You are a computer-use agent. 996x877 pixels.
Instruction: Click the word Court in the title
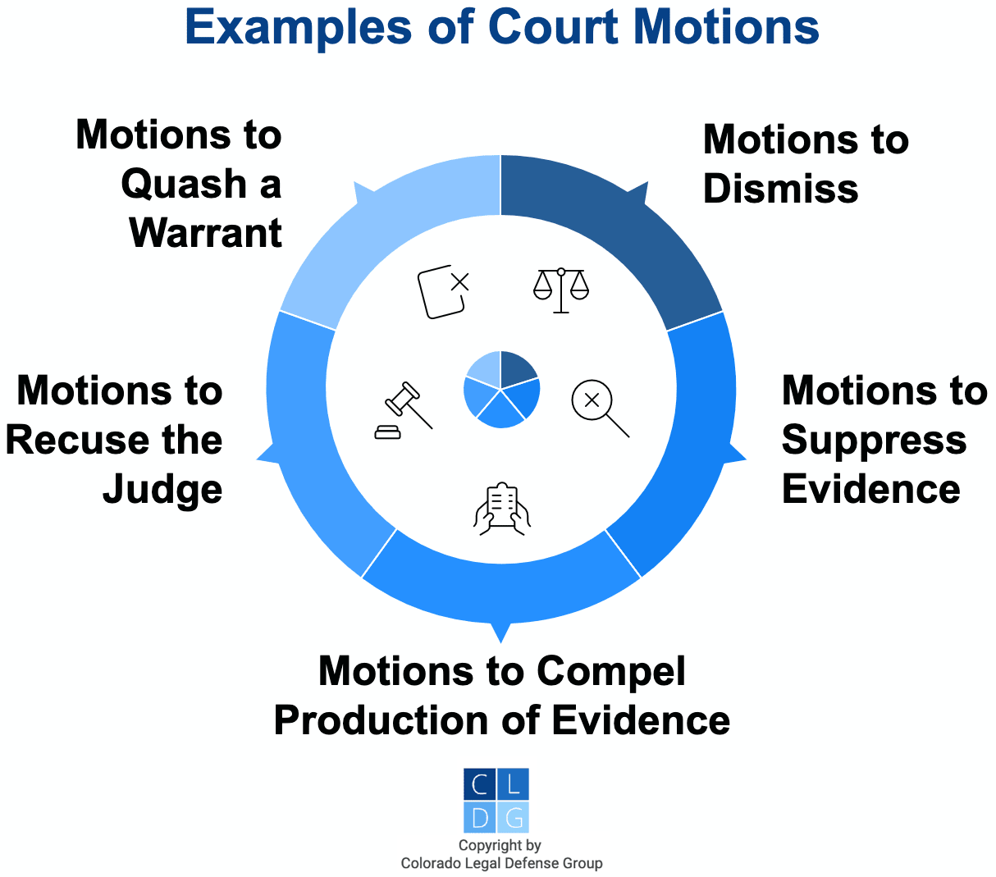pyautogui.click(x=554, y=27)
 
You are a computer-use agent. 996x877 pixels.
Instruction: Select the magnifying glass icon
pyautogui.click(x=598, y=406)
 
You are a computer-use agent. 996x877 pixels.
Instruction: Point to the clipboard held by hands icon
pyautogui.click(x=502, y=509)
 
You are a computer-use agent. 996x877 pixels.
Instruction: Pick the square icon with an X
pyautogui.click(x=444, y=291)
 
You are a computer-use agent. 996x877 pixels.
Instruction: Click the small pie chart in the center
pyautogui.click(x=501, y=390)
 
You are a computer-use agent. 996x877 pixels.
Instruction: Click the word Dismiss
pyautogui.click(x=780, y=189)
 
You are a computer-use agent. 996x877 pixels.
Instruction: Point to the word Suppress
pyautogui.click(x=874, y=441)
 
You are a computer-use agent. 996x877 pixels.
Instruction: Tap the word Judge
pyautogui.click(x=162, y=490)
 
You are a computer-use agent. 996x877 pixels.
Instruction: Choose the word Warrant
pyautogui.click(x=206, y=234)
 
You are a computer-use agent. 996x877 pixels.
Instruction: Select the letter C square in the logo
pyautogui.click(x=480, y=783)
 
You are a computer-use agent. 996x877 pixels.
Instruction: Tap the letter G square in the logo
pyautogui.click(x=514, y=817)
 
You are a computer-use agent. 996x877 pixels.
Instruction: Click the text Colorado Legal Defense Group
pyautogui.click(x=501, y=863)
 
